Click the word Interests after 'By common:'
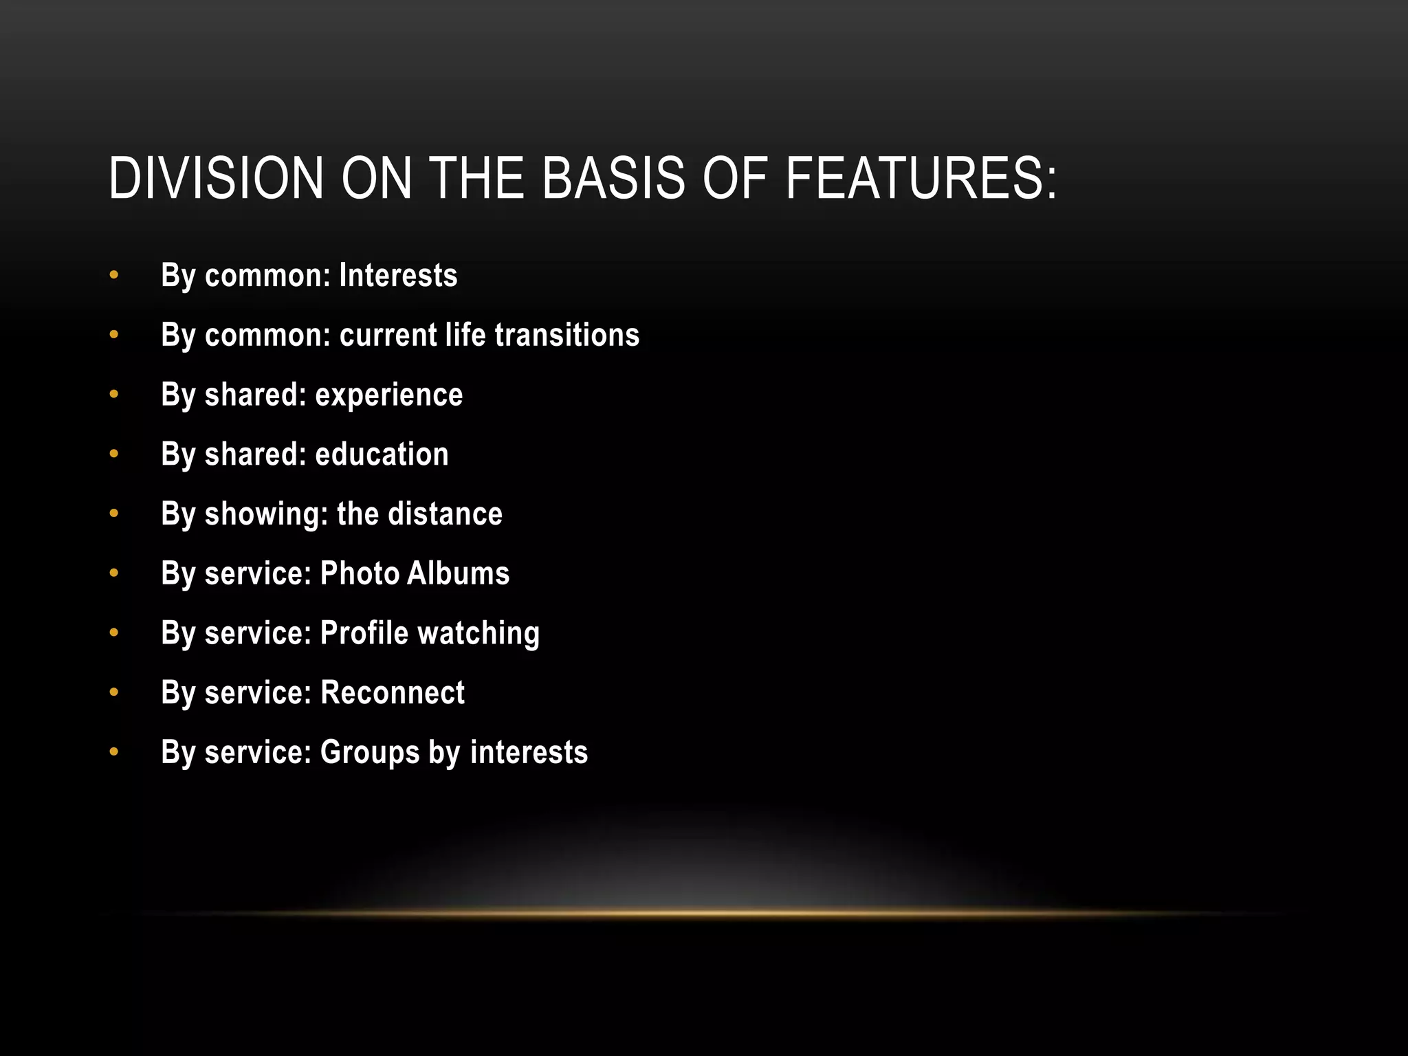tap(398, 276)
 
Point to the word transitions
tap(566, 335)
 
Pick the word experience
tap(389, 395)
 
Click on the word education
tap(382, 454)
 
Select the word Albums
tap(458, 573)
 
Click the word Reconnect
tap(393, 693)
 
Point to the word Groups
tap(370, 753)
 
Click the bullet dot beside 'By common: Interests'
tap(114, 276)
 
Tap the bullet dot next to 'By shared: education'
tap(114, 454)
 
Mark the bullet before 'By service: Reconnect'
tap(114, 693)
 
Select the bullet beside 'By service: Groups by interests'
tap(114, 752)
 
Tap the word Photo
tap(360, 573)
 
